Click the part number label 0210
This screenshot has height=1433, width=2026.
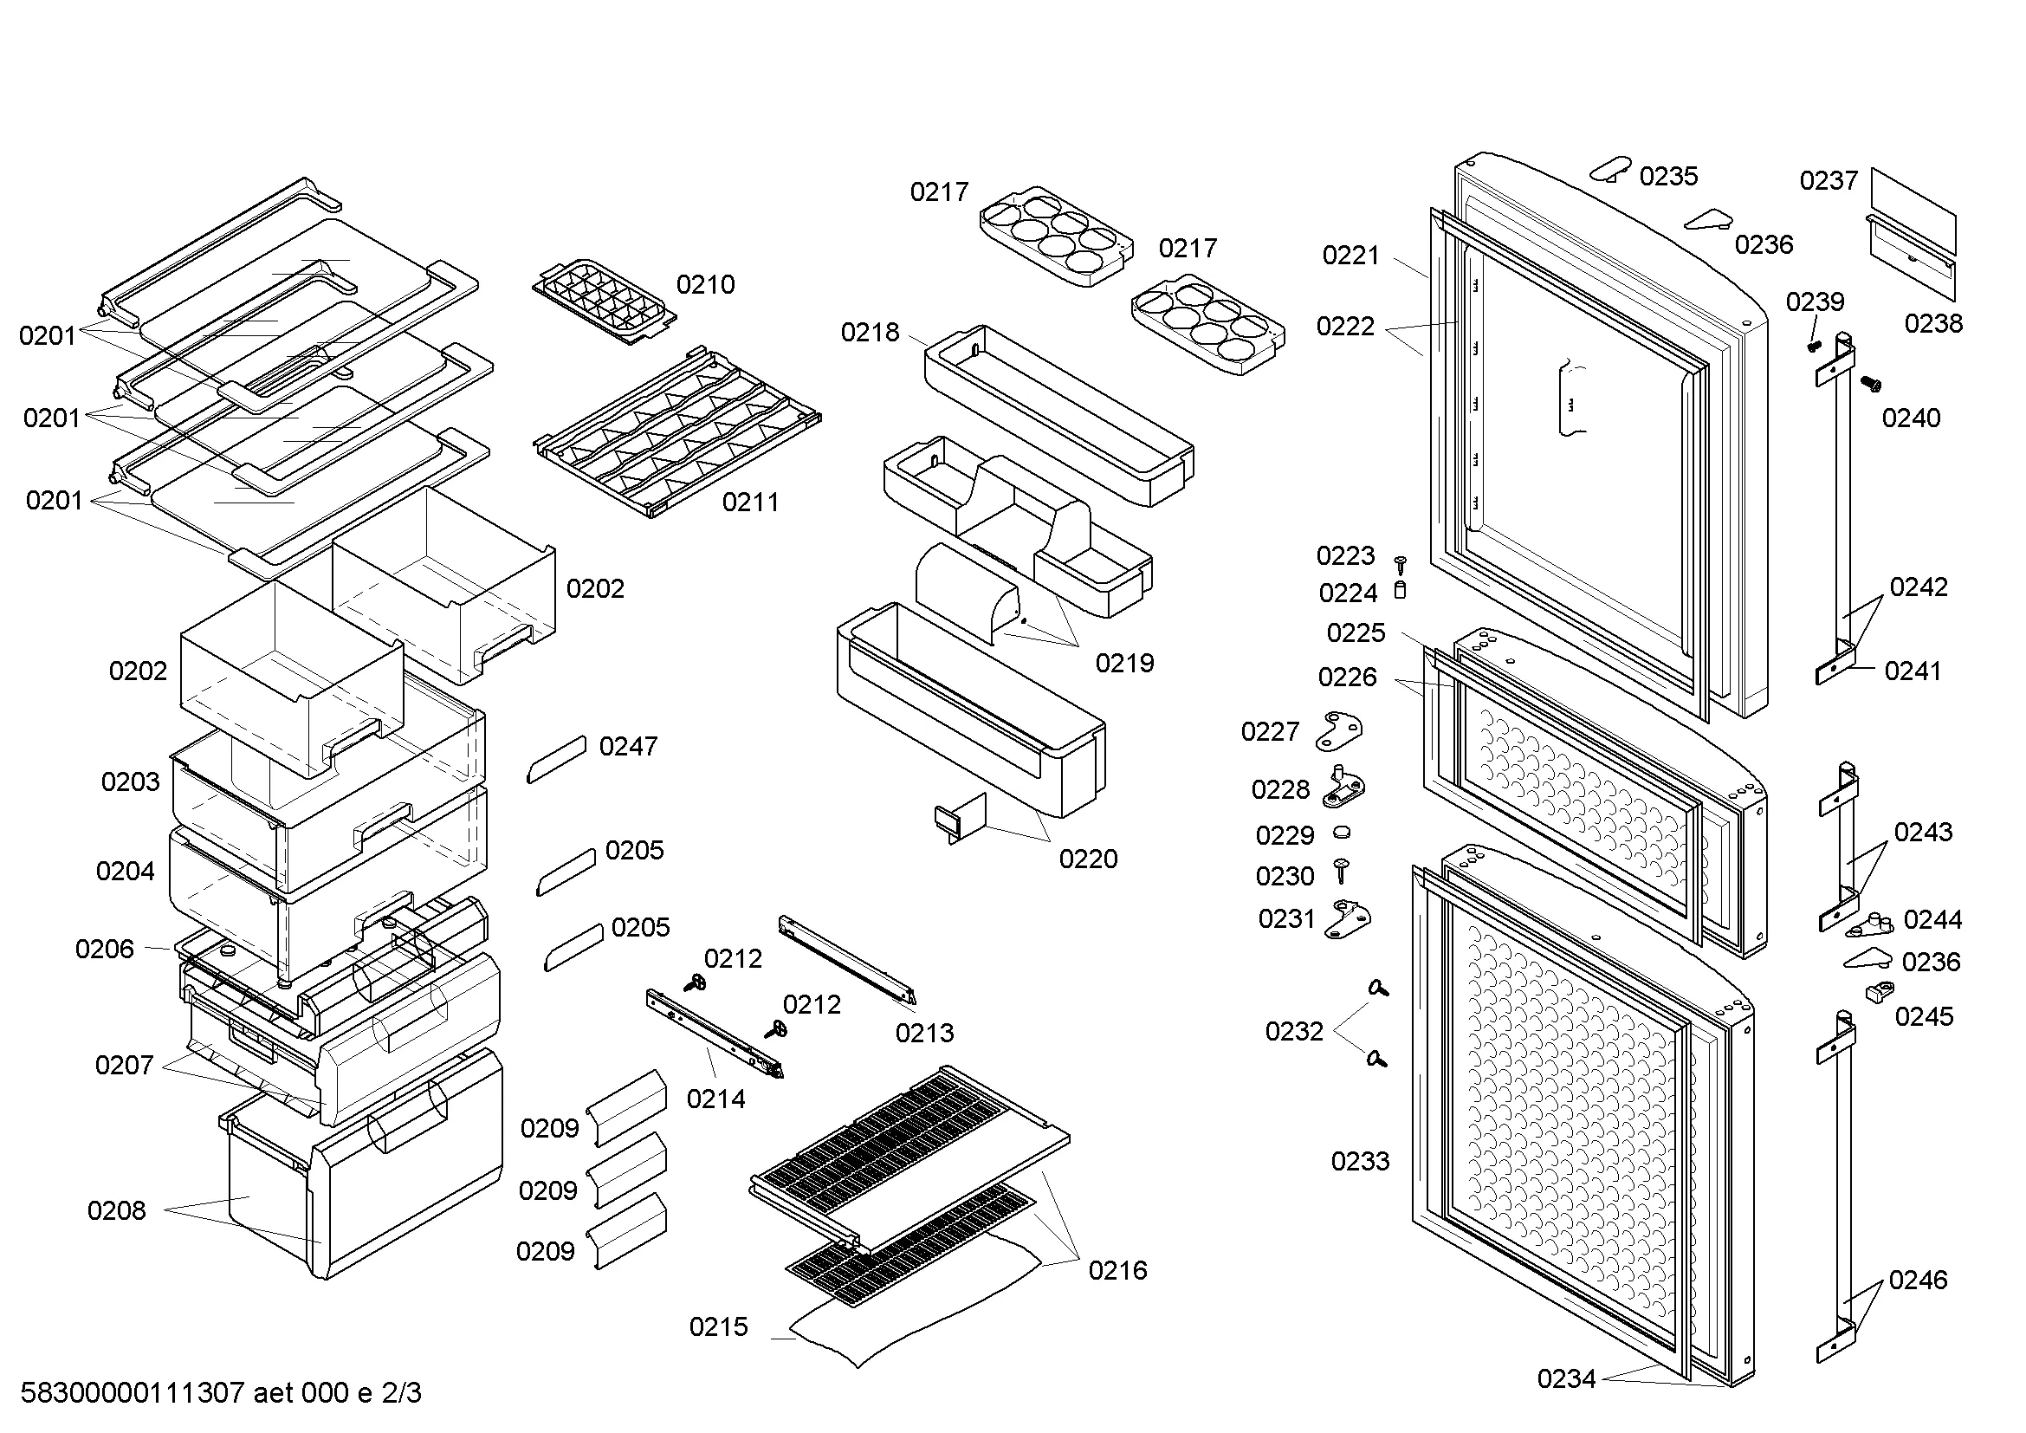(705, 284)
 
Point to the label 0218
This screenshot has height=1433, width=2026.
(869, 332)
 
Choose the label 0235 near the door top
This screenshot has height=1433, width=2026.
(1667, 176)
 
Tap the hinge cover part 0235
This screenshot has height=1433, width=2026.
(1612, 168)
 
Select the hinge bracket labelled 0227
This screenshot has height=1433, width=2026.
(1338, 730)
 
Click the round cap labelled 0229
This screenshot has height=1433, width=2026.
(1342, 831)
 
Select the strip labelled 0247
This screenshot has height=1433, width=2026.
(557, 759)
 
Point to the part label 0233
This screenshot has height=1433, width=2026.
(1360, 1160)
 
